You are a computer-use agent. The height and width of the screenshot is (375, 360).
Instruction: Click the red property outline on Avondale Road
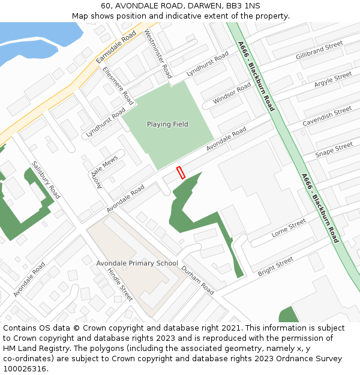tap(181, 173)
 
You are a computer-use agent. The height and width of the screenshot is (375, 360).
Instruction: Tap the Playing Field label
tap(167, 125)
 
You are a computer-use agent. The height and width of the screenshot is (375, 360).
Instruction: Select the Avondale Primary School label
tap(137, 263)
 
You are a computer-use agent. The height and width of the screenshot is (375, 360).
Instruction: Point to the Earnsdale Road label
tap(116, 48)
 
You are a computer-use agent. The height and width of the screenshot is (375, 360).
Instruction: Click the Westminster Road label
tap(158, 55)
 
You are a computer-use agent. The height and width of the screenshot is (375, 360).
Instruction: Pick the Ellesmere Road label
tap(118, 86)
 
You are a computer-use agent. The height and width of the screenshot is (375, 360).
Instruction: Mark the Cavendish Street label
tap(327, 116)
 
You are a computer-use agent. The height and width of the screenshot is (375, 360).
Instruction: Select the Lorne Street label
tap(289, 228)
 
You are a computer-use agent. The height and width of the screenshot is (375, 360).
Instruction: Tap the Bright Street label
tap(275, 266)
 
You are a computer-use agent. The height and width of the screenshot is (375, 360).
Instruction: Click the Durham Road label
tap(197, 280)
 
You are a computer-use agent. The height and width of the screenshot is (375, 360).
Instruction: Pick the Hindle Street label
tap(120, 284)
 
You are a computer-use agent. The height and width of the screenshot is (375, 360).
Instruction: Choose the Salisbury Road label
tap(46, 180)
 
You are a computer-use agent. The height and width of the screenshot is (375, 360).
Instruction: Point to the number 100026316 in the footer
tap(25, 369)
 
